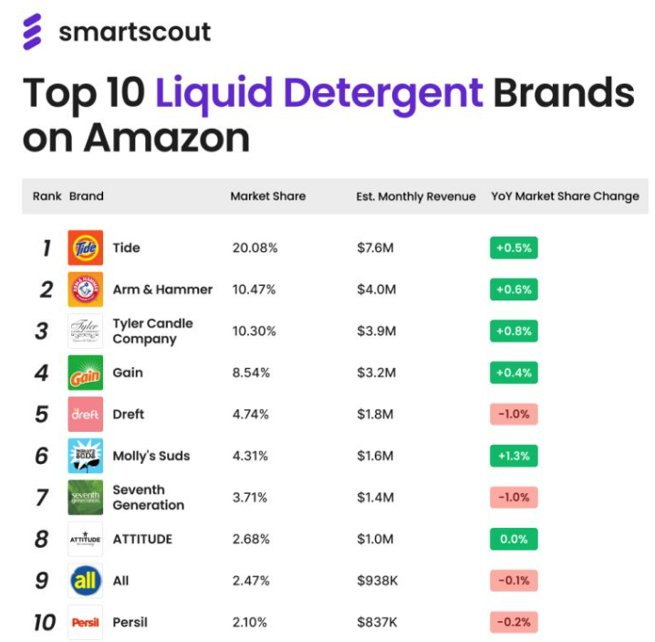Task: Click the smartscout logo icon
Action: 32,32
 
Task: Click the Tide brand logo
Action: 85,247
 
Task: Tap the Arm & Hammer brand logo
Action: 85,289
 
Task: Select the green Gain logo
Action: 85,373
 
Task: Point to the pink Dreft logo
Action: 85,414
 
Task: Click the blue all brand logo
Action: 85,581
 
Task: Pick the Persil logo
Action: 85,622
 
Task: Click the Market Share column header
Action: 268,196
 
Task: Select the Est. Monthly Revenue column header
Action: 416,196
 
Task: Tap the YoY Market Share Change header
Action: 566,196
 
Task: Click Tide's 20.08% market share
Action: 255,247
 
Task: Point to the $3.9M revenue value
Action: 377,331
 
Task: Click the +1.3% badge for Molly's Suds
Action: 514,456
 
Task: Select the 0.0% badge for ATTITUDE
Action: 514,539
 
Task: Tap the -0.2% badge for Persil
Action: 514,622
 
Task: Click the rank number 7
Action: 42,498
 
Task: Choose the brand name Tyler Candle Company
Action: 153,332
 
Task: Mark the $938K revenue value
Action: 378,581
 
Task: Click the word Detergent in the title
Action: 383,93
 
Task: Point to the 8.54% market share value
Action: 251,373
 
